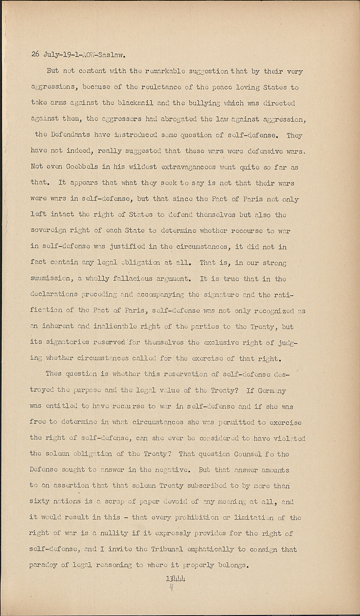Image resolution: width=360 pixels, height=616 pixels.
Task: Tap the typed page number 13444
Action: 176,579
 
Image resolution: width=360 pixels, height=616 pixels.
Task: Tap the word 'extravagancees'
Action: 188,167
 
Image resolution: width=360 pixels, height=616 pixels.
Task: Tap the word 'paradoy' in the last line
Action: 44,565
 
